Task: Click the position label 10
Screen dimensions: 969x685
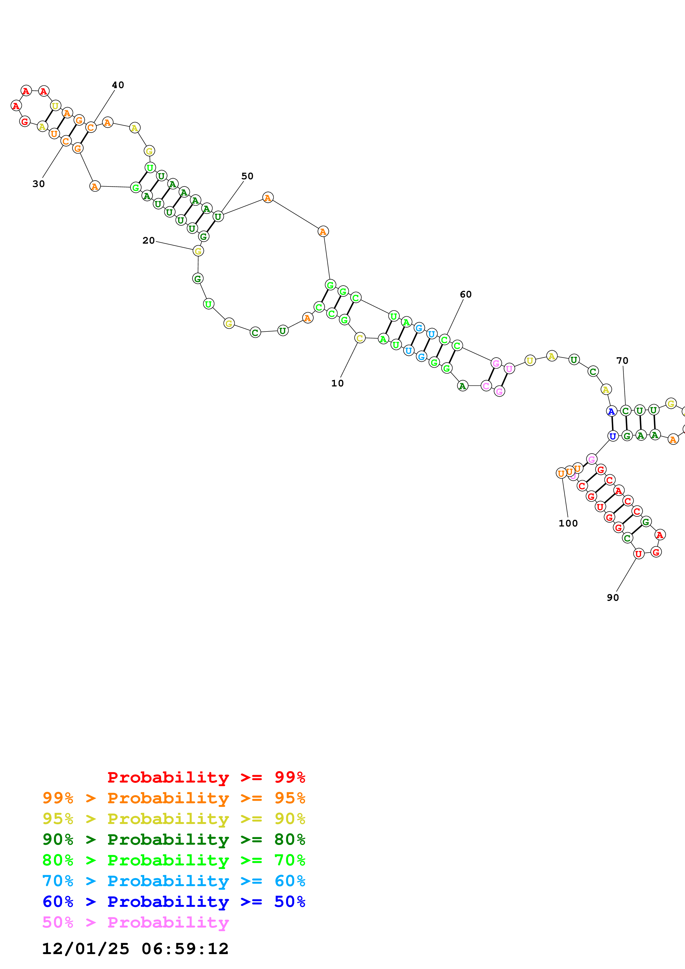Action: (337, 383)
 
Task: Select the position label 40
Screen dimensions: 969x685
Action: (118, 85)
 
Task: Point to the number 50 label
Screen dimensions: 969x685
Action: (247, 176)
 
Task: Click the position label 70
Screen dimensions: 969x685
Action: (622, 360)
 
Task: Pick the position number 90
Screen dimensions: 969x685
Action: (613, 597)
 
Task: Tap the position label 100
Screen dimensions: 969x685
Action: (568, 523)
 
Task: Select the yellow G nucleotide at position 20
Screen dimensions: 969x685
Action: (198, 251)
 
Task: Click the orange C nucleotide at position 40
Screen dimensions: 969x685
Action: (91, 127)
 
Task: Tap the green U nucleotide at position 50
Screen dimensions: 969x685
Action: (218, 217)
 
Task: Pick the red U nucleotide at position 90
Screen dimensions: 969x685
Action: (639, 554)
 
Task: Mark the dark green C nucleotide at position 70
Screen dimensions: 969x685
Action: (626, 411)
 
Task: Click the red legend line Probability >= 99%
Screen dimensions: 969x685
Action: (206, 777)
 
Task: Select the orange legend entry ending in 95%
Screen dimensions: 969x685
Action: (174, 798)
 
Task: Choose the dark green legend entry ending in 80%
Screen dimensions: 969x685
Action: (174, 839)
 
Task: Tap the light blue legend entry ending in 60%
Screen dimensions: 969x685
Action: (174, 881)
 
